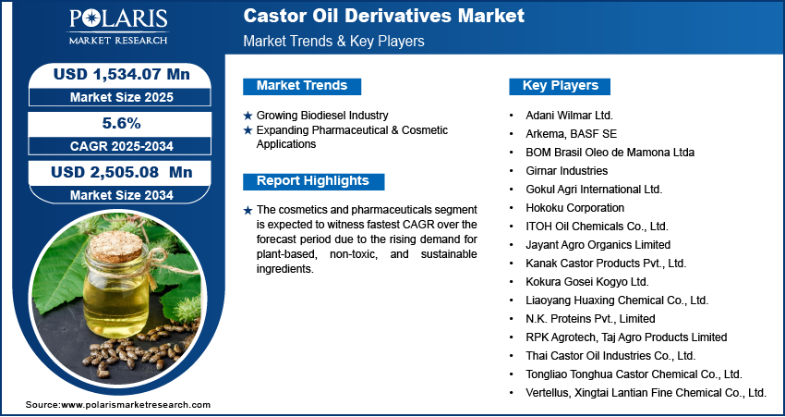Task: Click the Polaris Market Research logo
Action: pos(116,28)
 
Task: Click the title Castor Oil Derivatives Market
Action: pos(383,16)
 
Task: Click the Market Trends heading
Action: pos(301,86)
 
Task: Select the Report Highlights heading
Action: pos(312,181)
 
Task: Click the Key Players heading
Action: pos(560,86)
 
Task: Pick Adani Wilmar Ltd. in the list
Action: pos(568,116)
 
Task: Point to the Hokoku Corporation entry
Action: pos(574,208)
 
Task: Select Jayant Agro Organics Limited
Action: pos(597,245)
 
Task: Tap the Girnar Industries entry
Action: pos(565,171)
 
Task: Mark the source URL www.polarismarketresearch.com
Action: pos(136,405)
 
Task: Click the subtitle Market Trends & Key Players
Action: pos(333,42)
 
